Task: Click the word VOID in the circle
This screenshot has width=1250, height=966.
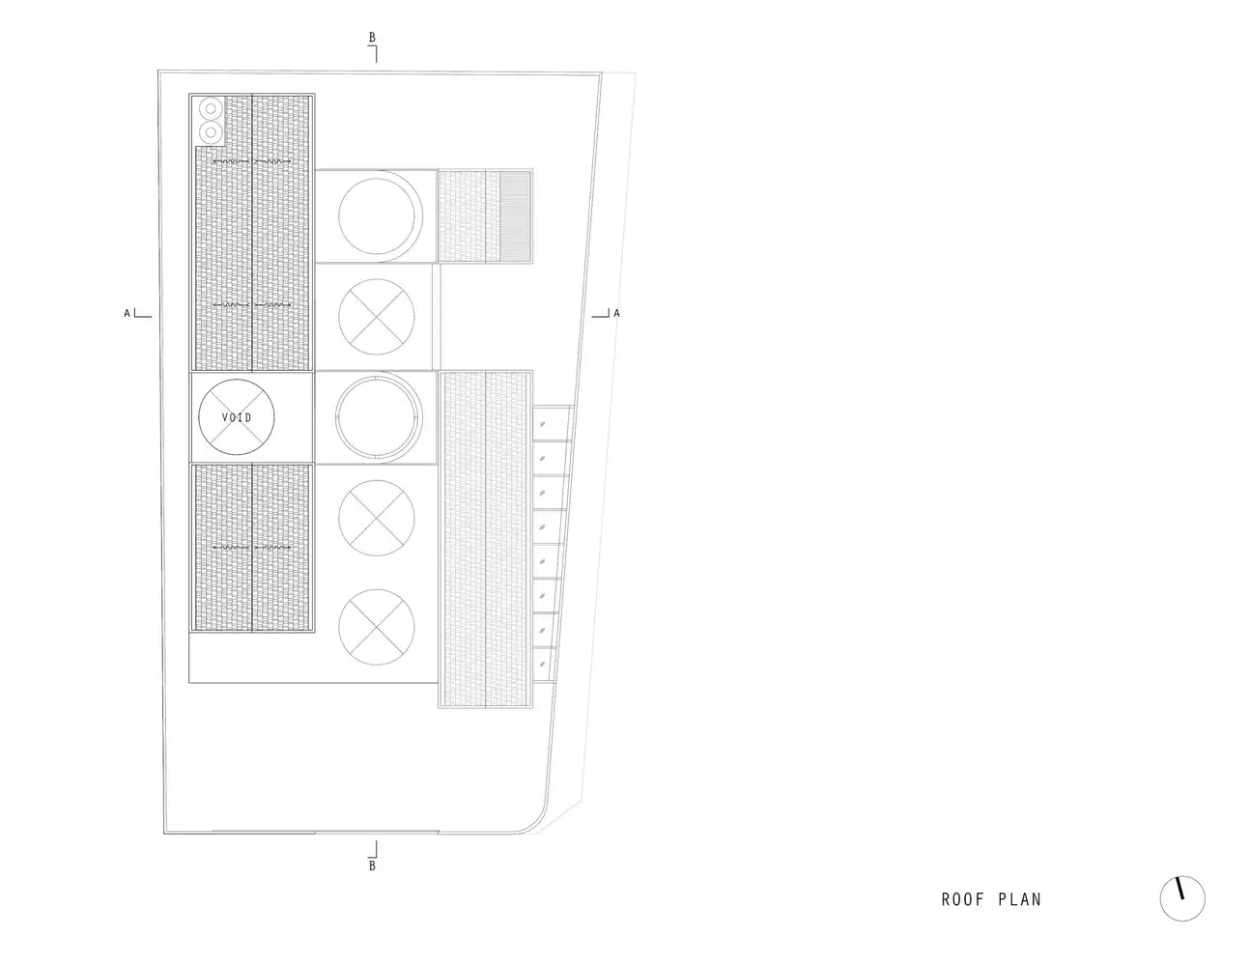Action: pos(237,417)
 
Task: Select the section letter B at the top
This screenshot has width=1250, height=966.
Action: pos(372,38)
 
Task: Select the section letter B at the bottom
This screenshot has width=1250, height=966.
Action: pos(372,866)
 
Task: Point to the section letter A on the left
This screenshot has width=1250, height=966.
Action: pos(127,313)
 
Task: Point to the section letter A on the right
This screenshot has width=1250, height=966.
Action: pos(616,313)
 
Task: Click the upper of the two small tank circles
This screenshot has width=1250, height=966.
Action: pos(211,109)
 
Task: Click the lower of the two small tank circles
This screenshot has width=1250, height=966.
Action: pos(211,133)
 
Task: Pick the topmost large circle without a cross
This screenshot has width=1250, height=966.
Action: pos(376,216)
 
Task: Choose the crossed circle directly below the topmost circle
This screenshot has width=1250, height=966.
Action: pos(376,317)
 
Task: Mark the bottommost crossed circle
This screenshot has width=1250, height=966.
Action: pos(376,627)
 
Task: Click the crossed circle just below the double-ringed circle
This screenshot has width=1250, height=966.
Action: pos(376,518)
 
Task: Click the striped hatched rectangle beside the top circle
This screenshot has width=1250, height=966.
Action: pos(515,216)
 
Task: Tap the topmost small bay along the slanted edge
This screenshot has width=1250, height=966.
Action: pos(551,424)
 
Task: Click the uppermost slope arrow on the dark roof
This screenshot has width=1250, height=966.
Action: pos(252,161)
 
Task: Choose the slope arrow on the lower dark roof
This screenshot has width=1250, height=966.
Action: pos(252,548)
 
